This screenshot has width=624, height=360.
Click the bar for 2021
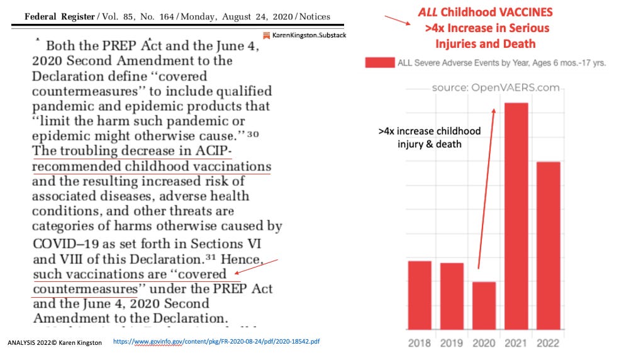pyautogui.click(x=516, y=215)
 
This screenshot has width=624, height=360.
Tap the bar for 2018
pyautogui.click(x=420, y=295)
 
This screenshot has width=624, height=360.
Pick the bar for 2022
pyautogui.click(x=548, y=245)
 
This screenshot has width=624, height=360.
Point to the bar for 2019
pyautogui.click(x=452, y=296)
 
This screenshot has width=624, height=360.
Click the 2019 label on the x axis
pyautogui.click(x=452, y=343)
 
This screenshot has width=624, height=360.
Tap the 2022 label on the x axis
pyautogui.click(x=548, y=343)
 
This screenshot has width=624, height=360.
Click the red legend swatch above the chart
pyautogui.click(x=379, y=63)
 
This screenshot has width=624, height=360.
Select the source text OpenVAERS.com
pyautogui.click(x=496, y=87)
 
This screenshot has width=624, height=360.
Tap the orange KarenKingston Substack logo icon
pyautogui.click(x=267, y=35)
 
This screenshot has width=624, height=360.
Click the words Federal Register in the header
pyautogui.click(x=58, y=17)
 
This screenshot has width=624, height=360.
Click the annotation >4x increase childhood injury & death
pyautogui.click(x=429, y=138)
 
